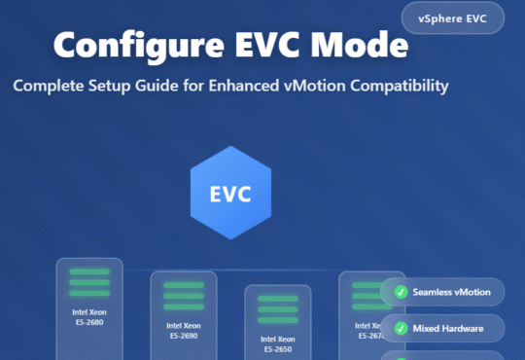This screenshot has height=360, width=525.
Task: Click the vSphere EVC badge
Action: click(452, 18)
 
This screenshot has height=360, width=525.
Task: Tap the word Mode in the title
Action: click(354, 45)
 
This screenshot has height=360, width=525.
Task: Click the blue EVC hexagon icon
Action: click(230, 193)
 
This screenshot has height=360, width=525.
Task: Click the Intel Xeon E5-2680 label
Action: click(88, 317)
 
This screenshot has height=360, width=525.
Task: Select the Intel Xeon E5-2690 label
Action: click(183, 331)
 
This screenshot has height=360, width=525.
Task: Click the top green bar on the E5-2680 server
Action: click(88, 271)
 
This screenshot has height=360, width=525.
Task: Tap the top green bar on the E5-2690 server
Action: click(183, 285)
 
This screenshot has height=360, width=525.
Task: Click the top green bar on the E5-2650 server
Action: click(277, 298)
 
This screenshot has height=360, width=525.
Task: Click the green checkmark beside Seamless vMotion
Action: click(401, 292)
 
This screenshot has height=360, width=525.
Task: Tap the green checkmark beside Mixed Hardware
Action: click(401, 328)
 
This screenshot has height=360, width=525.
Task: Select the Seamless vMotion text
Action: click(451, 292)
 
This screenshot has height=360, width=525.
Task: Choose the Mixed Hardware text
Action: click(448, 328)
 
